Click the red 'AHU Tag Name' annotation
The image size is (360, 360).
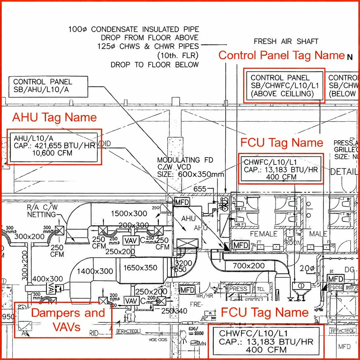pyautogui.click(x=54, y=117)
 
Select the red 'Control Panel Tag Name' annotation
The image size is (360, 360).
pyautogui.click(x=281, y=55)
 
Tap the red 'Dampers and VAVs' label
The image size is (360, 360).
pyautogui.click(x=68, y=320)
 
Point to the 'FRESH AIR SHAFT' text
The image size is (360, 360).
pyautogui.click(x=286, y=41)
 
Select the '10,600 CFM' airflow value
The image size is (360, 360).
pyautogui.click(x=52, y=153)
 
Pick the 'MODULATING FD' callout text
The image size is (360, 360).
pyautogui.click(x=185, y=160)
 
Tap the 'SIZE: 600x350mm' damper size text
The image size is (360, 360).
pyautogui.click(x=191, y=174)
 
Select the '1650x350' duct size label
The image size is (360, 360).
pyautogui.click(x=140, y=268)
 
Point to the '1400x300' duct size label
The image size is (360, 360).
pyautogui.click(x=95, y=271)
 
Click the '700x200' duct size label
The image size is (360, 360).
pyautogui.click(x=249, y=266)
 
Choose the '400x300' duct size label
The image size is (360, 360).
pyautogui.click(x=48, y=279)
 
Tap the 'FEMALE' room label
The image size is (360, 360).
pyautogui.click(x=264, y=234)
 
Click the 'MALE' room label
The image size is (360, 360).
pyautogui.click(x=318, y=234)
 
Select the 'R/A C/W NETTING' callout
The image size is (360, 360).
pyautogui.click(x=42, y=211)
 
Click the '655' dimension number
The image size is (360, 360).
pyautogui.click(x=200, y=189)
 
